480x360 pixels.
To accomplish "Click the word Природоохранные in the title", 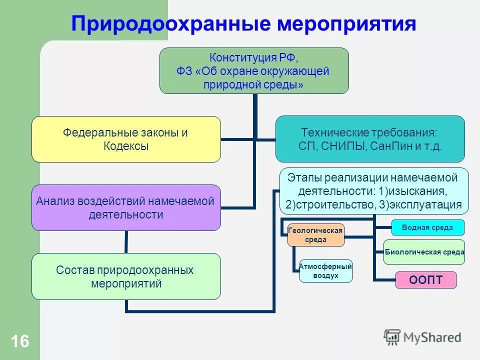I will [x=169, y=23].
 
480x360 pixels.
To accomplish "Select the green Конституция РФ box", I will [x=254, y=70].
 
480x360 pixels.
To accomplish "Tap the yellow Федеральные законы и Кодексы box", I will [x=126, y=139].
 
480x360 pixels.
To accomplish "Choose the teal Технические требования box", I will [x=370, y=139].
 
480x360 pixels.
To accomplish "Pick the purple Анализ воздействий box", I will [x=126, y=207].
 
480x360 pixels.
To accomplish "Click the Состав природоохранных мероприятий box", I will [x=126, y=276].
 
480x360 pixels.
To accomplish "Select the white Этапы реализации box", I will [x=374, y=191].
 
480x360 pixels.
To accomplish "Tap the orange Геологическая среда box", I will [x=315, y=235].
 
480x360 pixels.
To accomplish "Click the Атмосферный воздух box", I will [x=325, y=271].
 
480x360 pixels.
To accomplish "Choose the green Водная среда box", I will [x=427, y=227].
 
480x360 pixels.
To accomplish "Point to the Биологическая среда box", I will [x=424, y=252].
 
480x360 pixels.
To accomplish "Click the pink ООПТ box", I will [x=426, y=280].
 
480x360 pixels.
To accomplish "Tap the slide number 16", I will [x=20, y=342].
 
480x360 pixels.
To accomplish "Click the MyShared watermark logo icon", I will [x=392, y=336].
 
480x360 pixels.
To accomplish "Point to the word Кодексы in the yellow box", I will [x=126, y=146].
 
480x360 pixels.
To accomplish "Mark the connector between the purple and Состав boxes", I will [x=126, y=242].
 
